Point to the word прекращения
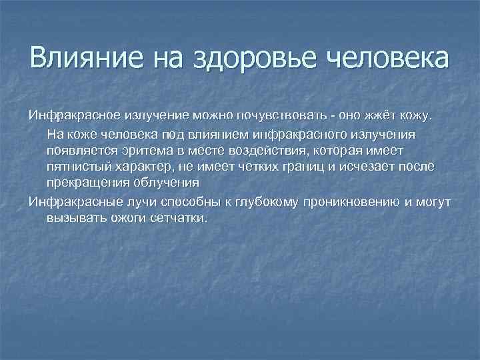87,183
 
